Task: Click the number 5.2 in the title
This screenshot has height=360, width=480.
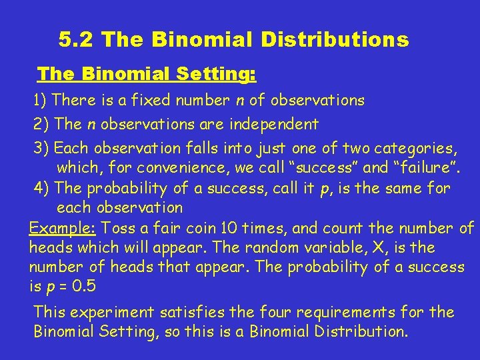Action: (x=78, y=41)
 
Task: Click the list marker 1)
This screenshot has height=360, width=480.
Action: (x=41, y=101)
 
